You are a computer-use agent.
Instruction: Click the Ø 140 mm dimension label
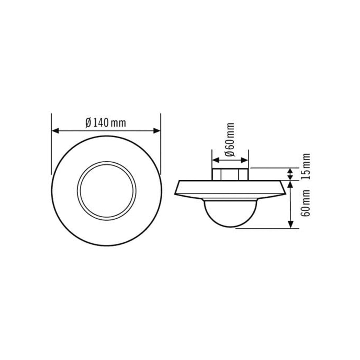106,123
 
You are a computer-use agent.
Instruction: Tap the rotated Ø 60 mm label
230,140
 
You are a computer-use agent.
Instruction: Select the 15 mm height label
306,167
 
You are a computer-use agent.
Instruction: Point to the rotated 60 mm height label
306,203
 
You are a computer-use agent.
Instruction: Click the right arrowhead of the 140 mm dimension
156,131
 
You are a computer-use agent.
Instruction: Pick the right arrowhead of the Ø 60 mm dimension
245,160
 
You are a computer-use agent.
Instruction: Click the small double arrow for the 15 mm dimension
291,174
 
